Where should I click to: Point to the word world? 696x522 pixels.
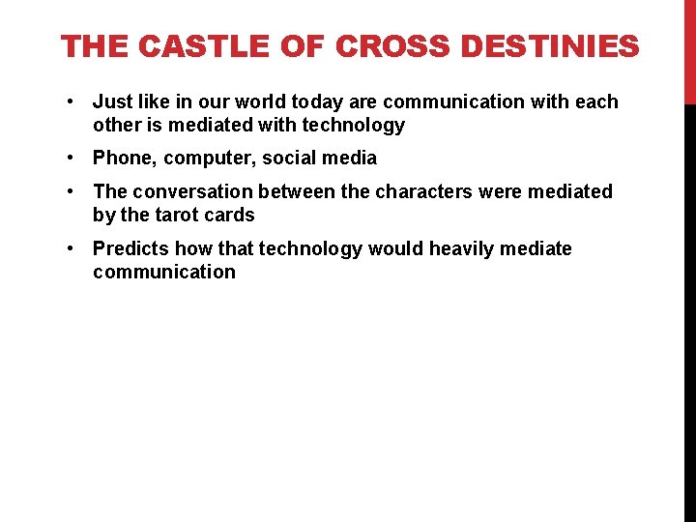(234, 101)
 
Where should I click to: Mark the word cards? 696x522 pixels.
(230, 215)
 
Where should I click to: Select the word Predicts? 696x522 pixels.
(129, 248)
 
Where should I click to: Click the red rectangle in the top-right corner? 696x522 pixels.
(689, 50)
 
